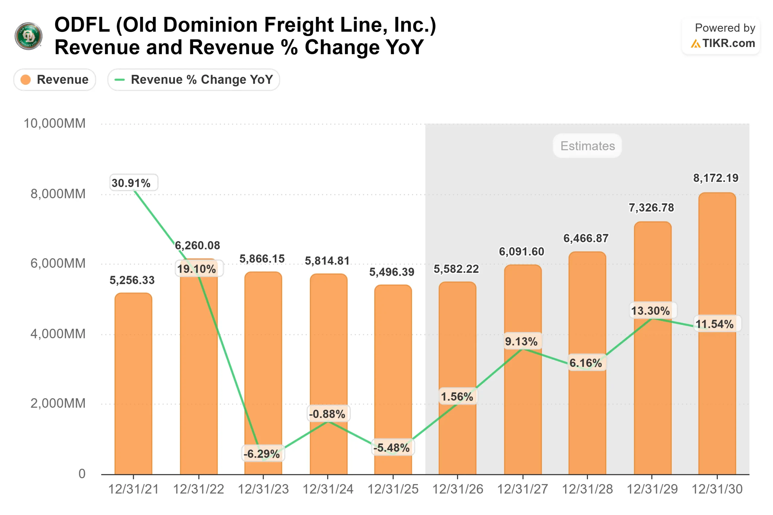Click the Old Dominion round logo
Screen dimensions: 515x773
[x=29, y=36]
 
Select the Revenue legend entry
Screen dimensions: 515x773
[x=55, y=79]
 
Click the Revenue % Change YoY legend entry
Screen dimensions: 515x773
[x=194, y=79]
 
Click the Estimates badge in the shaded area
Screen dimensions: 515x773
[x=587, y=146]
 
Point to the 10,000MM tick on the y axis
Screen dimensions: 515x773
[x=55, y=123]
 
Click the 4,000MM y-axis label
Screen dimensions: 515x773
[x=58, y=334]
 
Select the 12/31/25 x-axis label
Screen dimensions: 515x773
[x=393, y=489]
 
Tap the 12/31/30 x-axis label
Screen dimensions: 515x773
[x=717, y=489]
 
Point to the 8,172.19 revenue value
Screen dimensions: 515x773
[x=716, y=178]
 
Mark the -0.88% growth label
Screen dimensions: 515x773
[x=328, y=414]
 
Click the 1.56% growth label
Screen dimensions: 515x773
[x=457, y=396]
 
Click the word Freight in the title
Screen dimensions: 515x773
[x=299, y=25]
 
